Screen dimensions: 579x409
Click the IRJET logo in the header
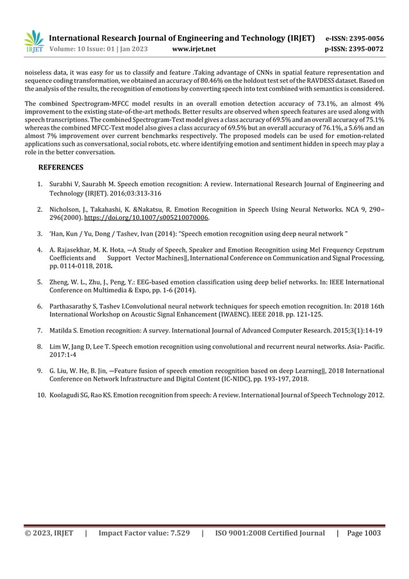33,42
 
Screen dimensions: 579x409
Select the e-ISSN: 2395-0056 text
355,38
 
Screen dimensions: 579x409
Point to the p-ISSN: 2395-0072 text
355,49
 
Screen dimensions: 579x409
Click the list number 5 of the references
40,282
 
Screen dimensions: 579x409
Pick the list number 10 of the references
42,394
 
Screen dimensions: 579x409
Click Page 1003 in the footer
363,533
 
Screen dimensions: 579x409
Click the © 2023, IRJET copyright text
49,533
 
